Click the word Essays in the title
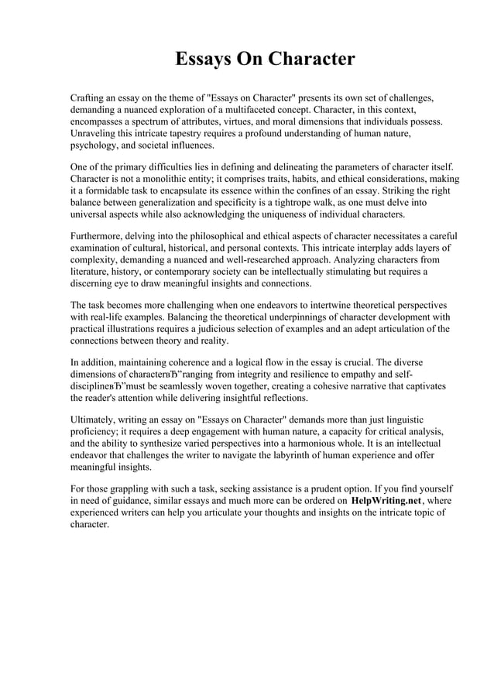tap(204, 60)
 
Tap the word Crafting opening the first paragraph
tap(91, 99)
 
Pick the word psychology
tap(96, 146)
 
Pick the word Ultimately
tap(95, 420)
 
